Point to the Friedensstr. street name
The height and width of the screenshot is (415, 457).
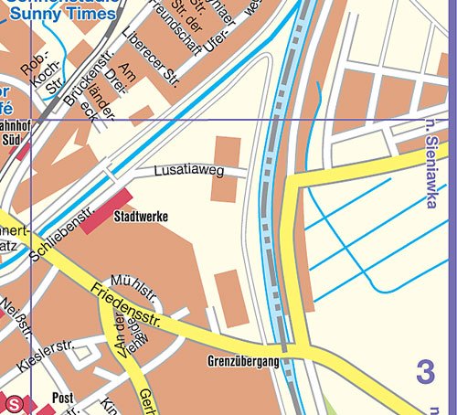pyautogui.click(x=126, y=306)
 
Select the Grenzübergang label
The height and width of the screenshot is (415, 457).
pyautogui.click(x=242, y=362)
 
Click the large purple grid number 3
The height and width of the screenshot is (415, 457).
pyautogui.click(x=425, y=372)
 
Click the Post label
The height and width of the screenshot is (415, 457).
pyautogui.click(x=62, y=399)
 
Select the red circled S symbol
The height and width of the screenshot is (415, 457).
pyautogui.click(x=14, y=403)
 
